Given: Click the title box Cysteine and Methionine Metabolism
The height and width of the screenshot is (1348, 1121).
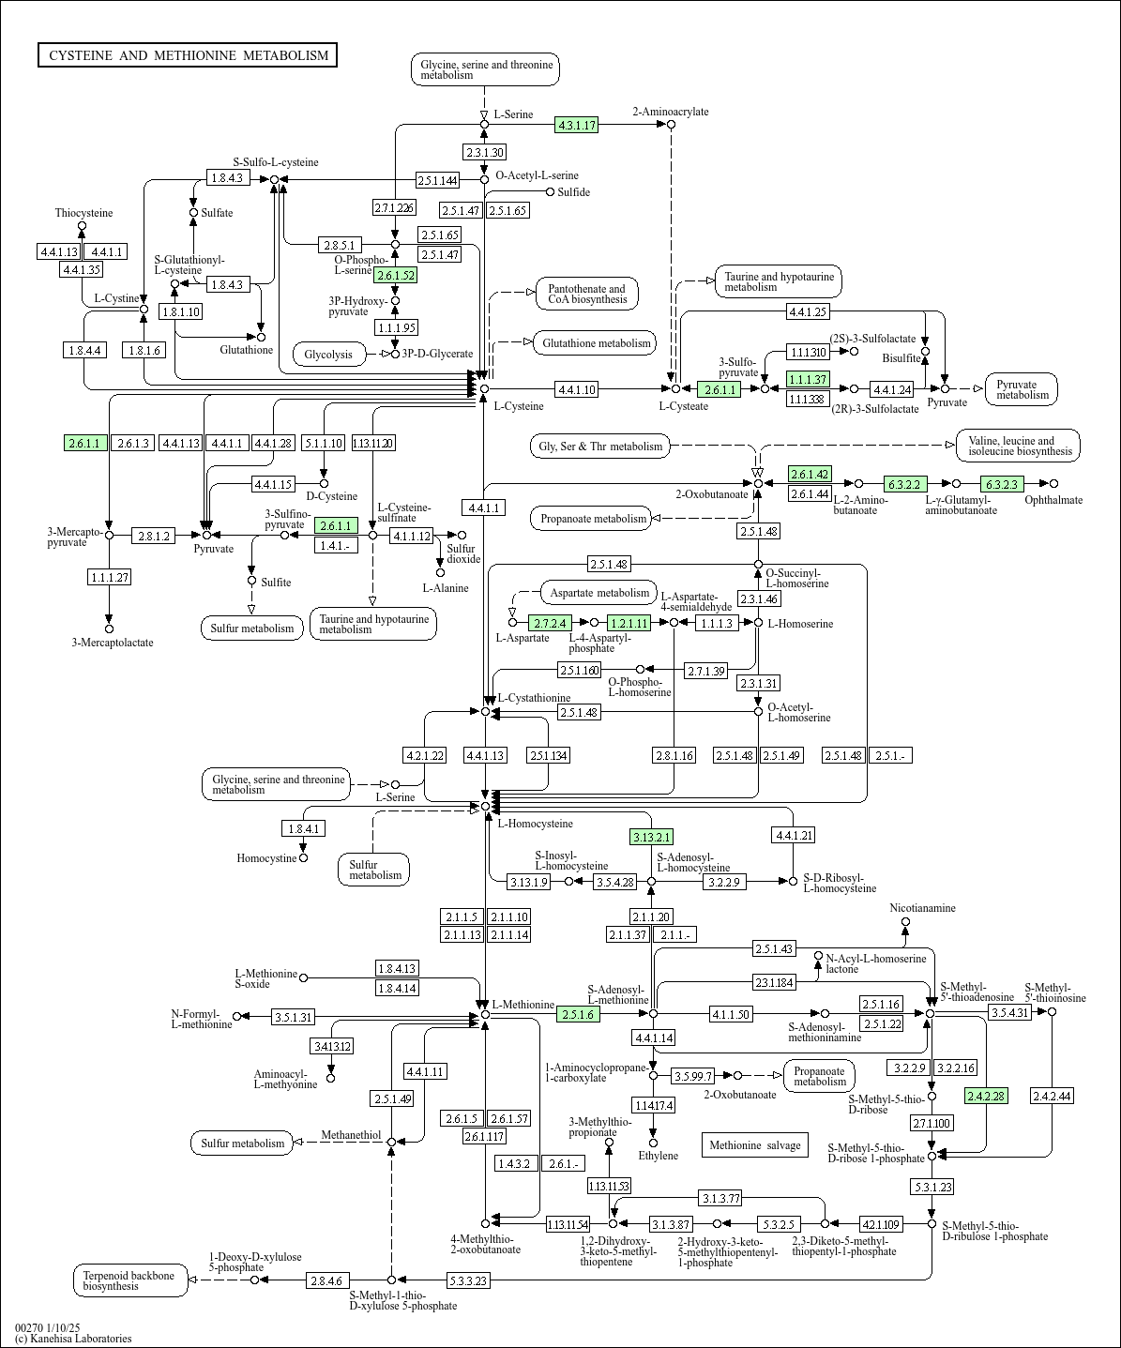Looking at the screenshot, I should [188, 55].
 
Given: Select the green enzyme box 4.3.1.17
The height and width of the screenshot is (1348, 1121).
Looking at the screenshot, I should [576, 125].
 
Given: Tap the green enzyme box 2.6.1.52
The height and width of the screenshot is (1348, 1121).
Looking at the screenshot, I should [395, 276].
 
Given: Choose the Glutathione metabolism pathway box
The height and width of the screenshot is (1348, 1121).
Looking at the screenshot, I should [596, 343].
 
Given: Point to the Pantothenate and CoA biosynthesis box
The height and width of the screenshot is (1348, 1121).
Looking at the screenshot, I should [586, 294].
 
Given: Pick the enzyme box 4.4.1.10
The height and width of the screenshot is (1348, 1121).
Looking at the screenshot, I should [576, 389].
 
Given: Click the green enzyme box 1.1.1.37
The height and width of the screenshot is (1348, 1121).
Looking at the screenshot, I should [808, 379].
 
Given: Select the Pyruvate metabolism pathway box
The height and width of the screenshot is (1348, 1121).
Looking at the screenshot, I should [1022, 389].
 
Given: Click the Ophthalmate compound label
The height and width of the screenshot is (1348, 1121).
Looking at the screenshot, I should [1053, 500].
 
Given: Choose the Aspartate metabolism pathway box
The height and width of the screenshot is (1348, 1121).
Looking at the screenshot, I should [599, 593].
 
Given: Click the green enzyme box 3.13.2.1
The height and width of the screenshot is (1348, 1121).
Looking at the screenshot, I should [651, 837].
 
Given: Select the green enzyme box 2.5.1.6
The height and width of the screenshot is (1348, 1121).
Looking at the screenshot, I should [578, 1014].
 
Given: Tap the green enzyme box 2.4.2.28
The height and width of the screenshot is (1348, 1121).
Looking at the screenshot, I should [987, 1096].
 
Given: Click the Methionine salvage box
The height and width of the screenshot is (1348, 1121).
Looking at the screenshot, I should [755, 1144].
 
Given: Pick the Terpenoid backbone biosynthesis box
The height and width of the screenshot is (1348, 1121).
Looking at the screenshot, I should [131, 1280].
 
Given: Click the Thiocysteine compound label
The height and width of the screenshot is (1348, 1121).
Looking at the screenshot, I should [83, 213].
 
